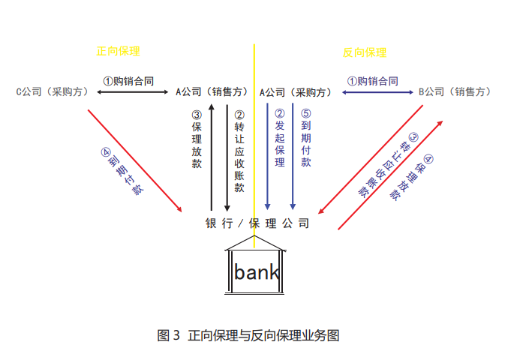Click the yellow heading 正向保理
click(x=118, y=51)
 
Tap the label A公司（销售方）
click(x=212, y=91)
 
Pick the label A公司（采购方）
click(x=296, y=91)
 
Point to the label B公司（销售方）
click(x=455, y=91)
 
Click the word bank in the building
click(x=256, y=271)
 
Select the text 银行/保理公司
click(x=257, y=223)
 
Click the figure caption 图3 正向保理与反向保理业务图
click(x=248, y=335)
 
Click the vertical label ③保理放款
click(x=197, y=139)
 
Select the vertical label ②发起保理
click(x=279, y=139)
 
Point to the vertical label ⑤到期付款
click(x=305, y=139)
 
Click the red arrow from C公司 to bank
click(x=135, y=160)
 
